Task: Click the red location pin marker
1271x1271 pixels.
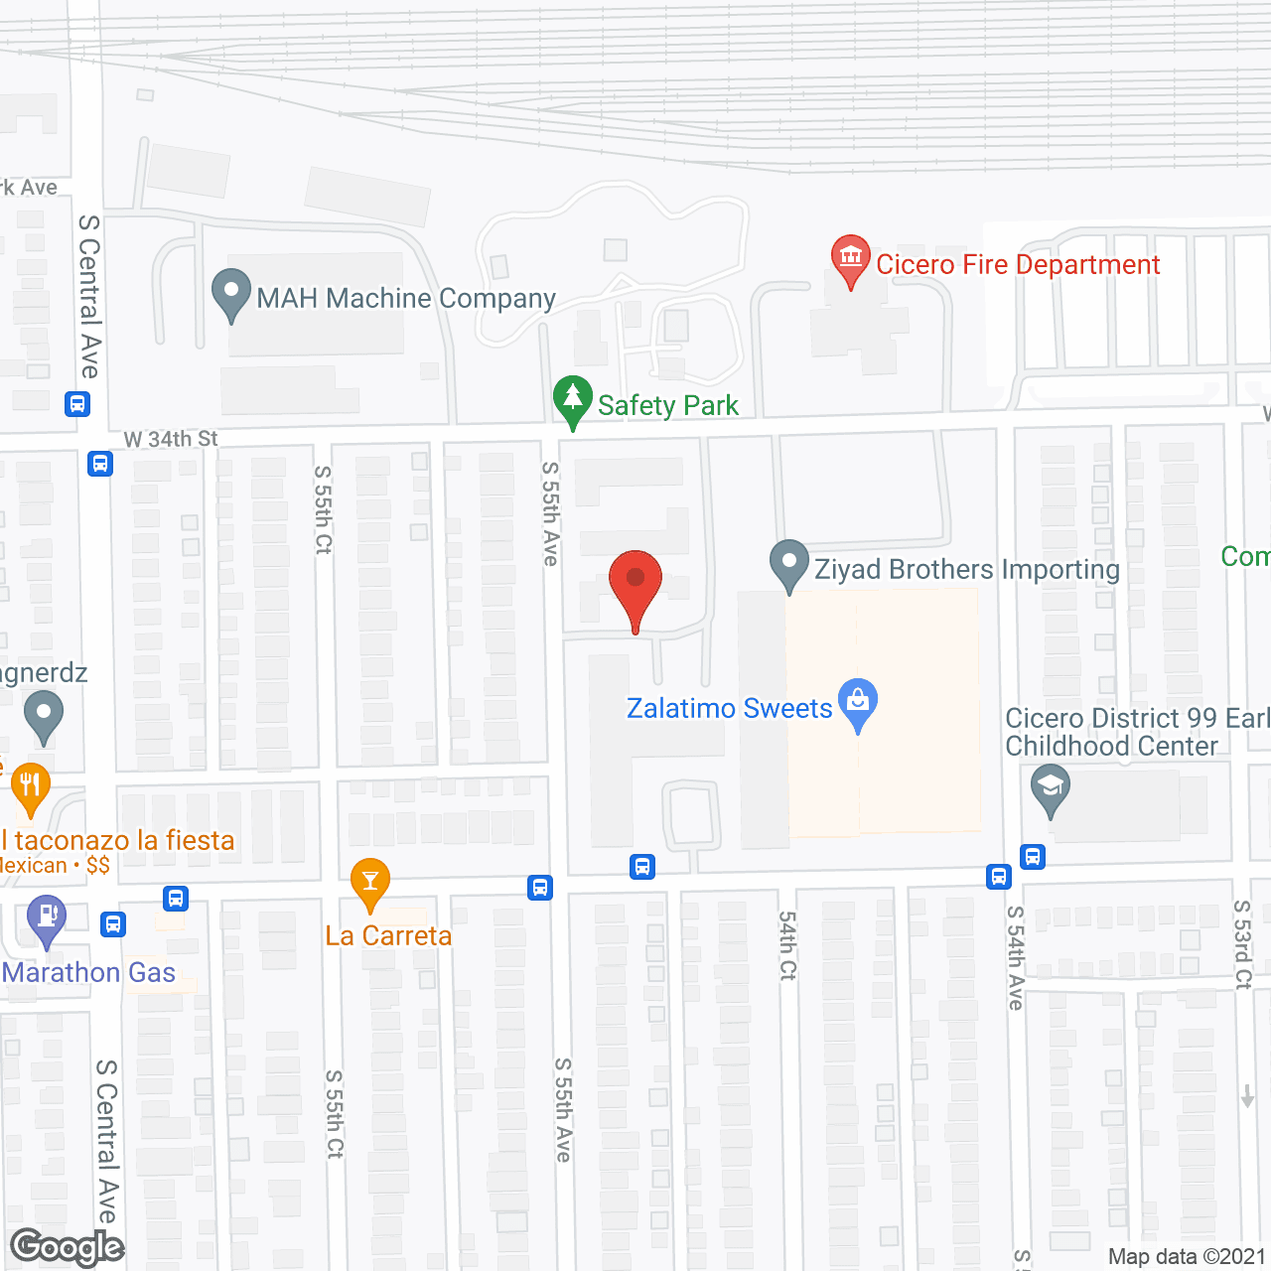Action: pos(635,586)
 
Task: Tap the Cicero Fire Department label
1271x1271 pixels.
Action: pos(1018,265)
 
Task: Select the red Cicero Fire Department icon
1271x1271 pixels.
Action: pos(850,258)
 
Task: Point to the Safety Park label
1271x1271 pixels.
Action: pos(668,405)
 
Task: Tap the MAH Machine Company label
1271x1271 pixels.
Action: pos(406,298)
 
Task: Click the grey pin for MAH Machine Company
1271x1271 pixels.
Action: pos(231,294)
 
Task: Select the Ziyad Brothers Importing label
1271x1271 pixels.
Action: pos(967,569)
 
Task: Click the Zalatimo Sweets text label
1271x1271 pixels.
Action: pos(730,708)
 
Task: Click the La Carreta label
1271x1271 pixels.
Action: pos(388,935)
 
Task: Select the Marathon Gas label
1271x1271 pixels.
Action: pos(89,972)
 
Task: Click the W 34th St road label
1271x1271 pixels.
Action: pos(171,439)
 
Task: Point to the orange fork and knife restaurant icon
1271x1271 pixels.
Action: pos(30,786)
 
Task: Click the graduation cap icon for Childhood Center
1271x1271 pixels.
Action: pos(1050,788)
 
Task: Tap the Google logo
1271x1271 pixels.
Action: pos(68,1247)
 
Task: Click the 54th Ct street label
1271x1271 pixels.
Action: pos(787,945)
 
